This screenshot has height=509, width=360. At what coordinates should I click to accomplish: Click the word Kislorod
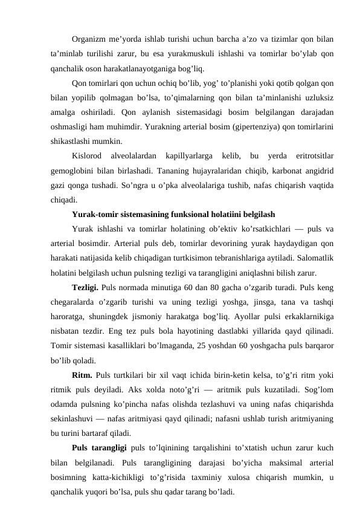pyautogui.click(x=88, y=157)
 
